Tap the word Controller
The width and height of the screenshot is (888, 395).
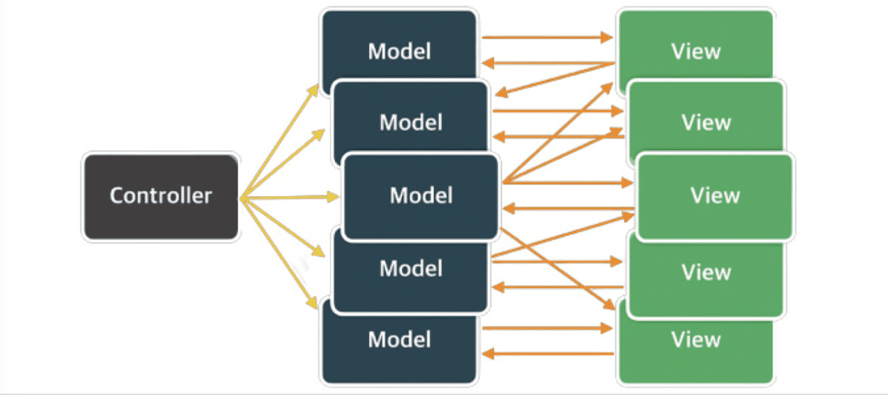tap(161, 195)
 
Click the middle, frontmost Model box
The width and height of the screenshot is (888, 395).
tap(421, 195)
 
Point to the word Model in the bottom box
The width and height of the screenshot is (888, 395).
tap(399, 340)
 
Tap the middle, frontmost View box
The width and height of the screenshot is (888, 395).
tap(715, 195)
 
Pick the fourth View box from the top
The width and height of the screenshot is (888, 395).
tap(706, 273)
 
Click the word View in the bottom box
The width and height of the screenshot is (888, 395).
tap(696, 340)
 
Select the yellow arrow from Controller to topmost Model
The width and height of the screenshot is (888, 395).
tap(280, 142)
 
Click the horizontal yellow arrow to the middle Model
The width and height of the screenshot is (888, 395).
tap(290, 197)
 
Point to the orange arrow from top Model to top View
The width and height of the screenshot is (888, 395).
tap(545, 37)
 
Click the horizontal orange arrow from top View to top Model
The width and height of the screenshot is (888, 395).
tap(545, 64)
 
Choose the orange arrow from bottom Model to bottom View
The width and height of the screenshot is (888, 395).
tap(545, 328)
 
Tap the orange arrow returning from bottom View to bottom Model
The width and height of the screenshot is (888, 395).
tap(545, 353)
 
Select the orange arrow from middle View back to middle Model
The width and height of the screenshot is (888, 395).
tap(567, 209)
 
